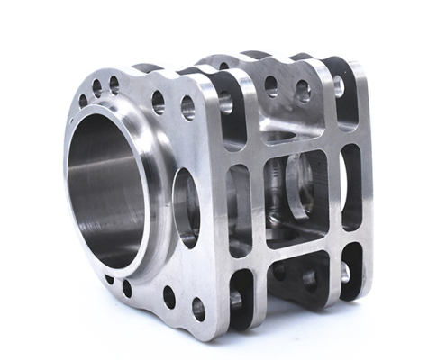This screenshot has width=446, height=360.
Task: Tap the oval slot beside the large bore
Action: pos(187,206)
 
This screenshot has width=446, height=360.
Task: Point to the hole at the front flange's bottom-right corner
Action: pos(198,309)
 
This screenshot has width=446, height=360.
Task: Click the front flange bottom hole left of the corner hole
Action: pos(168,296)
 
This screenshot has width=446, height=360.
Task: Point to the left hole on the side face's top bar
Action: pos(270,86)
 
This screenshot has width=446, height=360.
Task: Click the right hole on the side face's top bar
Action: pos(303,91)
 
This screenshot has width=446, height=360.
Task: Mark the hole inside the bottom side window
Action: pos(309,279)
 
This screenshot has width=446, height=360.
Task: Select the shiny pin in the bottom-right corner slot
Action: pos(345,272)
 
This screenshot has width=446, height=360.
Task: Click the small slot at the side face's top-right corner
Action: pos(341,90)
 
